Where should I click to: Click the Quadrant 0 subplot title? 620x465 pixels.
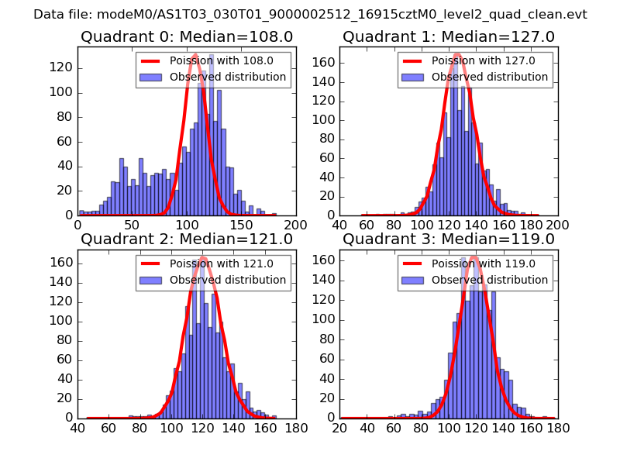[x=186, y=36]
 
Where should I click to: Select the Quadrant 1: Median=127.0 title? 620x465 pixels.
[x=449, y=36]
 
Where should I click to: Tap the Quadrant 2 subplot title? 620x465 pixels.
[x=186, y=239]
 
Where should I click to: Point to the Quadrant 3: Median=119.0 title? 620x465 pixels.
[x=449, y=239]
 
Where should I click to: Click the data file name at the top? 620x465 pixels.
[x=310, y=14]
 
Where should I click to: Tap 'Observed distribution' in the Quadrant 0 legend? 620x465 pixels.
[x=228, y=77]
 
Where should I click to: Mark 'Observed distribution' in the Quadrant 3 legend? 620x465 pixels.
[x=490, y=279]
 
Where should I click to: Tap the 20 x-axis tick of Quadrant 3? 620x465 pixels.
[x=339, y=427]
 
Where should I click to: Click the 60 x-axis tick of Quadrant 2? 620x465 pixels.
[x=108, y=427]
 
